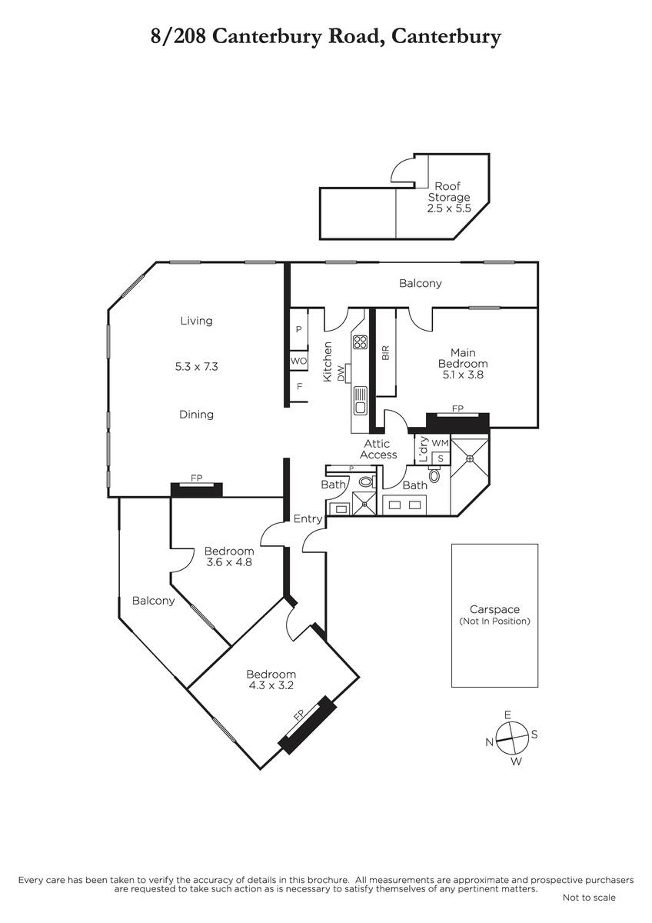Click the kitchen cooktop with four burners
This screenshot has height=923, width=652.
point(360,342)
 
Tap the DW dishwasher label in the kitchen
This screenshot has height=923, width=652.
point(341,374)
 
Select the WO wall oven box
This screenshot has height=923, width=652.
point(298,361)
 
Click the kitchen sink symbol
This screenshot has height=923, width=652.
point(360,401)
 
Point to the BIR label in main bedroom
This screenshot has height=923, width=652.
point(386,353)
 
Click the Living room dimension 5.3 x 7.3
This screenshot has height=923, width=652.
point(197,366)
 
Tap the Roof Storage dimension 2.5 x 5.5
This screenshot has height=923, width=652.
point(449,208)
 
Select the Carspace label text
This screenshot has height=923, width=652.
point(494,609)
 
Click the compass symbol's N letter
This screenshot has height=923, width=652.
point(489,742)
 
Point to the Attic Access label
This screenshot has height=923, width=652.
point(378,449)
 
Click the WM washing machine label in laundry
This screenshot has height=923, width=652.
point(441,443)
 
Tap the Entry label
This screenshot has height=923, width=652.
point(308,518)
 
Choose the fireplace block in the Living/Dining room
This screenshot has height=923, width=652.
point(197,489)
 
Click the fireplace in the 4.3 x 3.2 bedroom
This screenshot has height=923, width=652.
point(308,725)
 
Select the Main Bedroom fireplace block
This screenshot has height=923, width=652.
point(457,422)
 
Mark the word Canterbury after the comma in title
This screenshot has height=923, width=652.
point(446,37)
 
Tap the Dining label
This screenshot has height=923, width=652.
point(197,415)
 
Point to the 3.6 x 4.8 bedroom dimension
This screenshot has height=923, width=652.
point(229,562)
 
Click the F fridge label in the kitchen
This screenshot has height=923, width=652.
point(299,386)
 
